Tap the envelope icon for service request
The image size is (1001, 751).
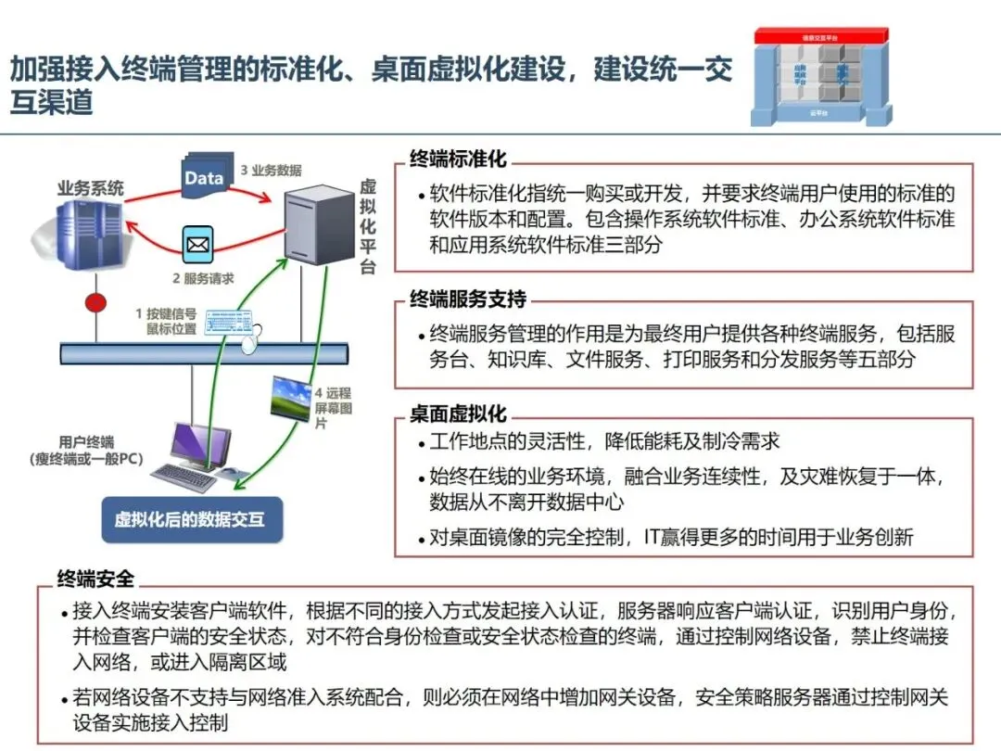tap(197, 246)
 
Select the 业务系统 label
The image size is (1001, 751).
tap(90, 188)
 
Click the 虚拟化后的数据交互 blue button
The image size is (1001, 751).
tap(191, 519)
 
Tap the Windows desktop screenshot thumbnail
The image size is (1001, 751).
tap(289, 399)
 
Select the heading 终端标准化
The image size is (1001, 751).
tap(458, 159)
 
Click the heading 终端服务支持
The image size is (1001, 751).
tap(468, 299)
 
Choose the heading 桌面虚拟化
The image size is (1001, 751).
tap(458, 414)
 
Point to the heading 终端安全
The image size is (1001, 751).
tap(95, 579)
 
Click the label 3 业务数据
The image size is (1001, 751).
tap(271, 171)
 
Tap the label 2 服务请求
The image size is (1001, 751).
tap(203, 278)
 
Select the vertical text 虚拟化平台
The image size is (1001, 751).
tap(368, 226)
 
